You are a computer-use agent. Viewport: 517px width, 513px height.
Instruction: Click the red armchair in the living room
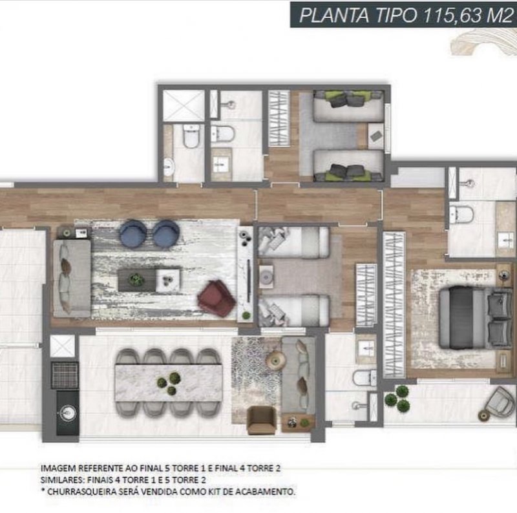tap(216, 298)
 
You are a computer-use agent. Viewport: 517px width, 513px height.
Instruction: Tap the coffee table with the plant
tap(137, 280)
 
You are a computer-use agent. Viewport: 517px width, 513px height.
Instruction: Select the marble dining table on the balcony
tap(169, 382)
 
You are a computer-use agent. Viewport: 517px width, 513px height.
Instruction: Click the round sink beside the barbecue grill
tap(68, 412)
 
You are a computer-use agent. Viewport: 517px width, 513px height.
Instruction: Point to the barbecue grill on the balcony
tap(65, 375)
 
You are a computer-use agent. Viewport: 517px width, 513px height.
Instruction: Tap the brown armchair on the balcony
tap(261, 420)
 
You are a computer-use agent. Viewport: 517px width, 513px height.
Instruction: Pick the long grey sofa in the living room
tap(72, 278)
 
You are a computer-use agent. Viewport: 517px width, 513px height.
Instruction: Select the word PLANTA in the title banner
tap(334, 15)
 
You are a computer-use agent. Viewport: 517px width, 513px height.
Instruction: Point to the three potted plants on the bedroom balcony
tap(397, 399)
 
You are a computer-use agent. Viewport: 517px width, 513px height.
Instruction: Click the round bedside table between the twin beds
tap(266, 277)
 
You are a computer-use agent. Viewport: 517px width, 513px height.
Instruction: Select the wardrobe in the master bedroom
tap(394, 304)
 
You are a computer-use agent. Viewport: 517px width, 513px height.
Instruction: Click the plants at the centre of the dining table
tap(169, 383)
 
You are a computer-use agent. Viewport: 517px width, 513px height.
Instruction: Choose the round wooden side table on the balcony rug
tap(276, 359)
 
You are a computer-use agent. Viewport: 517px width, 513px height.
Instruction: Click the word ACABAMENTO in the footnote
tap(266, 492)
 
